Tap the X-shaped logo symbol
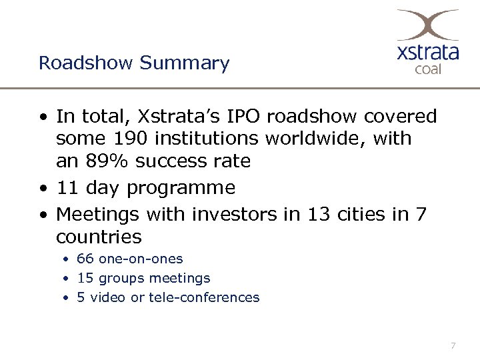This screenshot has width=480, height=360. (427, 25)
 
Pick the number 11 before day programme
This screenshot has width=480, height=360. (68, 188)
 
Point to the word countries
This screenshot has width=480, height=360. (99, 237)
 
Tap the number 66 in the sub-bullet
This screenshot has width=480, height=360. (85, 259)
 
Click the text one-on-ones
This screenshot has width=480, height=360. (140, 259)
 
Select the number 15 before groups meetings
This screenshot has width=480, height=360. (85, 278)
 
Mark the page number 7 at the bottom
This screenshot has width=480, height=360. (453, 345)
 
